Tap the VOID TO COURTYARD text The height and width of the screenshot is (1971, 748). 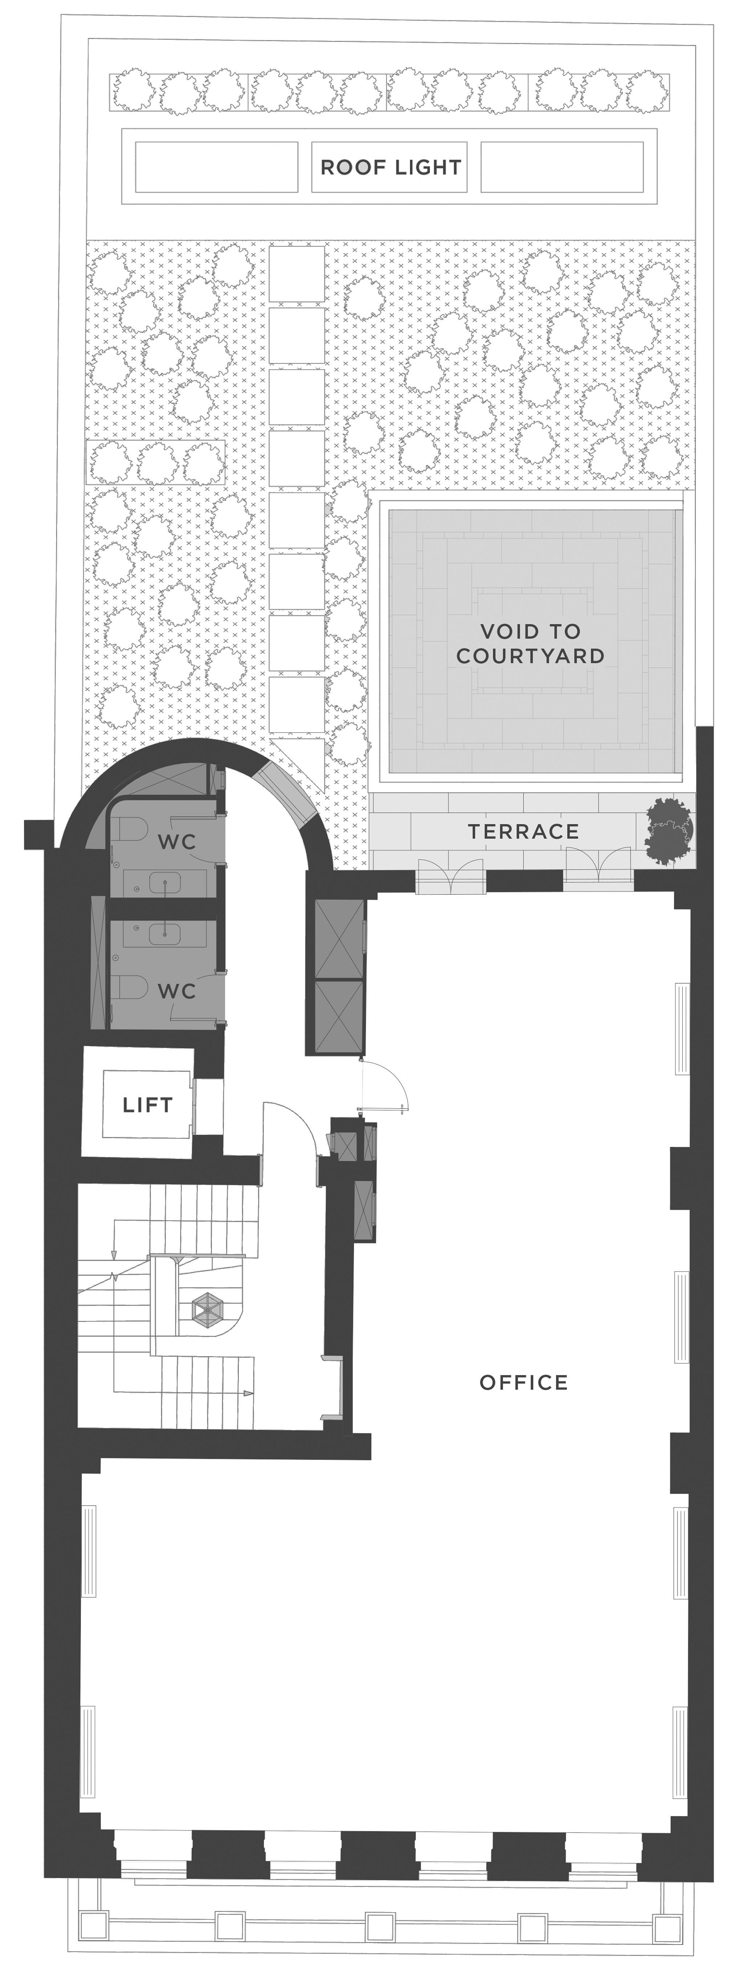pyautogui.click(x=530, y=644)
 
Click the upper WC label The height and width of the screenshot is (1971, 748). pyautogui.click(x=177, y=842)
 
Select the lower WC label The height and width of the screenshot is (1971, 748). pyautogui.click(x=177, y=991)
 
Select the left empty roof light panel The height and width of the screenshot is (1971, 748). pyautogui.click(x=217, y=167)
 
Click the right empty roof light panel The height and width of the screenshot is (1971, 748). pyautogui.click(x=562, y=167)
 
